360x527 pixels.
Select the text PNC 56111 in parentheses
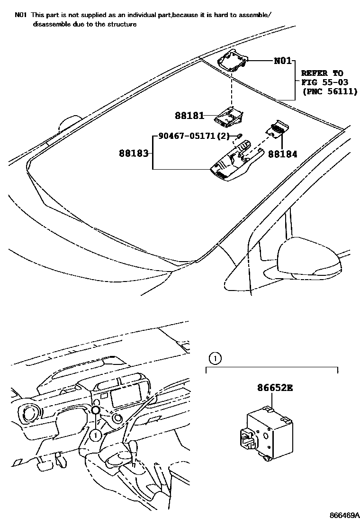pyautogui.click(x=330, y=91)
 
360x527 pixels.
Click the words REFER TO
pyautogui.click(x=322, y=73)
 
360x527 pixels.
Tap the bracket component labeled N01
pyautogui.click(x=233, y=61)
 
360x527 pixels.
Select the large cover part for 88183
pyautogui.click(x=234, y=164)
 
